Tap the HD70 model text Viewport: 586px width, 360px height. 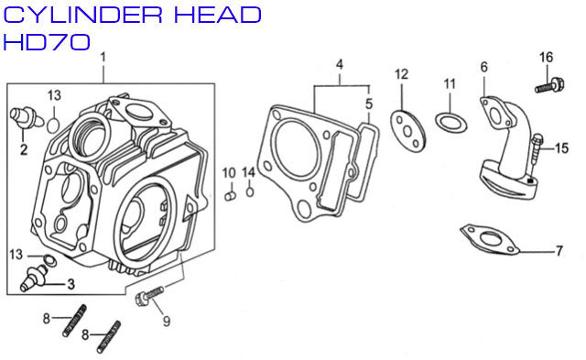(x=47, y=42)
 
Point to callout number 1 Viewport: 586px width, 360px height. (x=103, y=57)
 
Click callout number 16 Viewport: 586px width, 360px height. (x=546, y=58)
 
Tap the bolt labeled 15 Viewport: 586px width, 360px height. (x=537, y=147)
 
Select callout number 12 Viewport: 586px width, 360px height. (x=401, y=73)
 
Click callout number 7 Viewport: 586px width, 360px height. (x=559, y=250)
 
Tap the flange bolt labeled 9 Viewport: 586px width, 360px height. (x=146, y=298)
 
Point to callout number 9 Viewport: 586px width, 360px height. (x=167, y=321)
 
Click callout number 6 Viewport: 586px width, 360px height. (x=483, y=66)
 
